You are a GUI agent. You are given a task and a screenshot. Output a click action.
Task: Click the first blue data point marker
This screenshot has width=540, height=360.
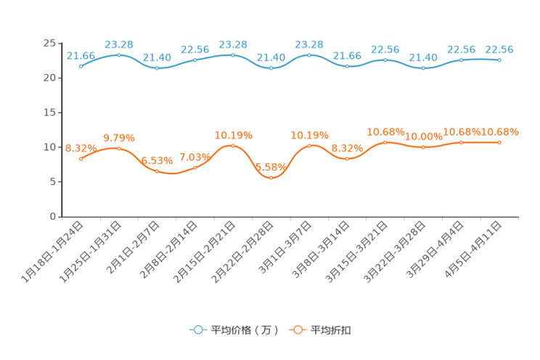tap(81, 66)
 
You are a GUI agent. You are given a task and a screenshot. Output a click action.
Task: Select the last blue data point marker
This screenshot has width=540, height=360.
tap(499, 60)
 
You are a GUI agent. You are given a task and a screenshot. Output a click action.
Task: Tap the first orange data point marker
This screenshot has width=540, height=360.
tap(81, 158)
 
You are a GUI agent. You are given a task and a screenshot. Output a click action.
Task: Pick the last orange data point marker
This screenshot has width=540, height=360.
tap(499, 142)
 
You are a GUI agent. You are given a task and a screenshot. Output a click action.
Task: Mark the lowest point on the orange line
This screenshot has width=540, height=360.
tap(271, 177)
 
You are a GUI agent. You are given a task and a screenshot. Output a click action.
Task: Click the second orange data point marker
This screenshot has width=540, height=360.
tap(119, 148)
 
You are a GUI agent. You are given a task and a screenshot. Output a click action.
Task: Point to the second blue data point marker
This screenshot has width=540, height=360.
tap(119, 54)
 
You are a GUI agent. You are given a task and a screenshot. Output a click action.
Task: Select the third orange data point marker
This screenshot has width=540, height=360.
tap(157, 171)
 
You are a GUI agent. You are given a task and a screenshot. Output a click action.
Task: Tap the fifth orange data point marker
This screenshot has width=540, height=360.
tap(233, 145)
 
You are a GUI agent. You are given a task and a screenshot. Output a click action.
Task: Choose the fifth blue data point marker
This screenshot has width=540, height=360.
tap(233, 54)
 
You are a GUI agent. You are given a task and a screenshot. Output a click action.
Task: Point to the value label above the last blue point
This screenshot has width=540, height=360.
tap(499, 49)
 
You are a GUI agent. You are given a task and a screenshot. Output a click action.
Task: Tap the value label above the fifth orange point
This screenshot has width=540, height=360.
tap(233, 134)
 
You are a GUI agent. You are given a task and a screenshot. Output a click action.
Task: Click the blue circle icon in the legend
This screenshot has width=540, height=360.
tap(197, 330)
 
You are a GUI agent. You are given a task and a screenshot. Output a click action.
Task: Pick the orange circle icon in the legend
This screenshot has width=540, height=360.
tap(298, 330)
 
